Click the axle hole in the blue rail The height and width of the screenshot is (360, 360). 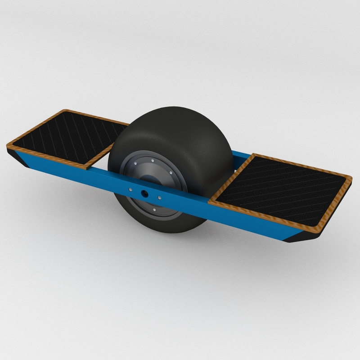point(145,192)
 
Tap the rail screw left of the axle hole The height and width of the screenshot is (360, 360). point(130,189)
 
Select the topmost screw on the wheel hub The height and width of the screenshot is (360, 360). point(153,160)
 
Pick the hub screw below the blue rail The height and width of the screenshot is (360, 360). point(155,209)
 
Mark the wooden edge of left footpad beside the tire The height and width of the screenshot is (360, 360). point(101,155)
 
